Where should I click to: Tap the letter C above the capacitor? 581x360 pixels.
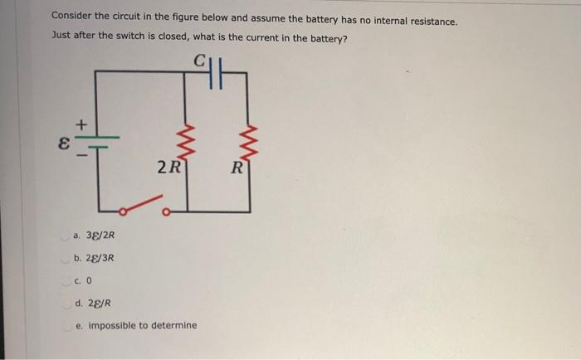tap(200, 60)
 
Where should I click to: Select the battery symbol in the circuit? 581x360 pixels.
tap(96, 141)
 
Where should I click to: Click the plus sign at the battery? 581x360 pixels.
tap(81, 123)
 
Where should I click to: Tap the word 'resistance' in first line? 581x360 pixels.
tap(430, 21)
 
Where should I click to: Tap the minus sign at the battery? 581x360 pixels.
tap(80, 154)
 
